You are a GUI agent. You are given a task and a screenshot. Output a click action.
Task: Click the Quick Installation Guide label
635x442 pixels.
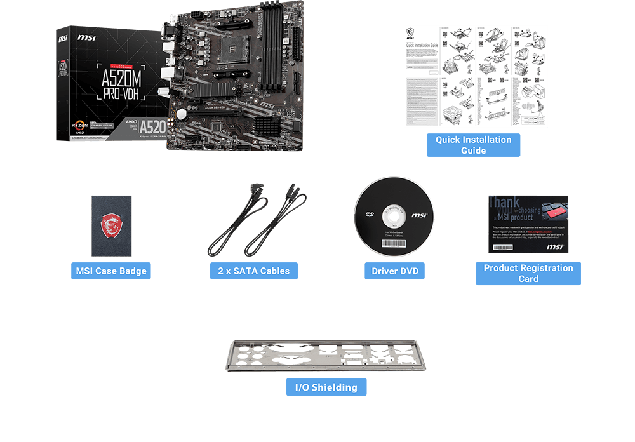(x=473, y=145)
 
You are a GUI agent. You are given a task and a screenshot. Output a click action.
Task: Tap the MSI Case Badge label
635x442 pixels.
(x=111, y=271)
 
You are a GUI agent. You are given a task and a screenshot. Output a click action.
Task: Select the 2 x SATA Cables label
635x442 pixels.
(x=253, y=271)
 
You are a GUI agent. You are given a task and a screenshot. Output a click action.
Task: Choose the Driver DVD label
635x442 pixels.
(x=394, y=271)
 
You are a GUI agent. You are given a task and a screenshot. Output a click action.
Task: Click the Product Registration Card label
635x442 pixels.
(x=528, y=273)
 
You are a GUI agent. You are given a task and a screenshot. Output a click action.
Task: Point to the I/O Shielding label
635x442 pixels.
(x=326, y=387)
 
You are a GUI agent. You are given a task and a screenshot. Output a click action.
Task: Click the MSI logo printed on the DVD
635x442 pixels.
(x=418, y=216)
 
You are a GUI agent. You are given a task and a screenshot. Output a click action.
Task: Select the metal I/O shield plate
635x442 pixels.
(x=326, y=356)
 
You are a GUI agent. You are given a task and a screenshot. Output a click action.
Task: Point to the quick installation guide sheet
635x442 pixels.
(x=475, y=76)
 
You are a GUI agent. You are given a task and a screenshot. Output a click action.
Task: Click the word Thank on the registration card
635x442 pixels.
(x=504, y=203)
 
